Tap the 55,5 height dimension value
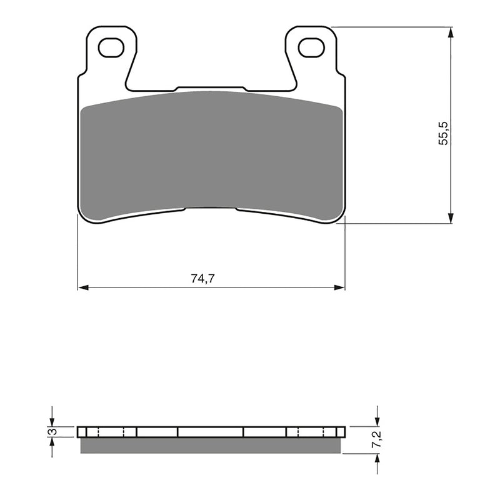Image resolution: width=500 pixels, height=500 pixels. coord(442,134)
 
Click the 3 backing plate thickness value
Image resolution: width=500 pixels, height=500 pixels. coord(54,432)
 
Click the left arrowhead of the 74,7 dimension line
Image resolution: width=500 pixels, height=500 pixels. coord(82,288)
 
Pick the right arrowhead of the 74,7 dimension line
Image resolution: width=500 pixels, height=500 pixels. coord(340,288)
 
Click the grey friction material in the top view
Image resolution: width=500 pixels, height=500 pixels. coord(211,153)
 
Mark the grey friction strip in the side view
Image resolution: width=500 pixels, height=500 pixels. coord(211,445)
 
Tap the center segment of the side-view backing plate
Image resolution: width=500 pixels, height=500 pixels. coord(211,432)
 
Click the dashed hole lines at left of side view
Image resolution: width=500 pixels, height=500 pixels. coord(111,432)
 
